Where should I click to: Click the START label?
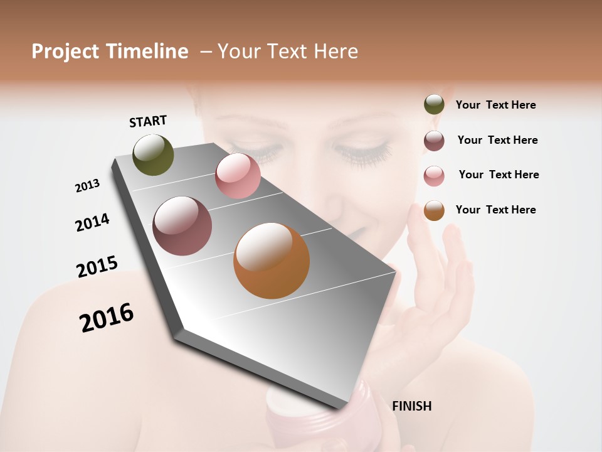(148, 121)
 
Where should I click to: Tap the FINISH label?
(412, 406)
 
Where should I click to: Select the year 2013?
(87, 185)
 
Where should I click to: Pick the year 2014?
(92, 222)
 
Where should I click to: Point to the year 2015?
(97, 267)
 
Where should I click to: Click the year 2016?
(107, 317)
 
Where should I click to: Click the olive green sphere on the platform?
(154, 154)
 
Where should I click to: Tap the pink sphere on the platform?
(238, 176)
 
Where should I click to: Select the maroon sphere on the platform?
(182, 226)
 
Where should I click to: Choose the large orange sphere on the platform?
(272, 261)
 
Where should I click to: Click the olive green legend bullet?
(434, 105)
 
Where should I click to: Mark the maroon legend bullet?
(434, 141)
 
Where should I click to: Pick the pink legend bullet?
(434, 176)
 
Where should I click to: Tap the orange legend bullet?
(434, 210)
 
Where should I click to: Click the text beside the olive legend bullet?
(495, 105)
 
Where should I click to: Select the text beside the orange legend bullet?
(495, 210)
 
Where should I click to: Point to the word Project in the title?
(65, 51)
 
